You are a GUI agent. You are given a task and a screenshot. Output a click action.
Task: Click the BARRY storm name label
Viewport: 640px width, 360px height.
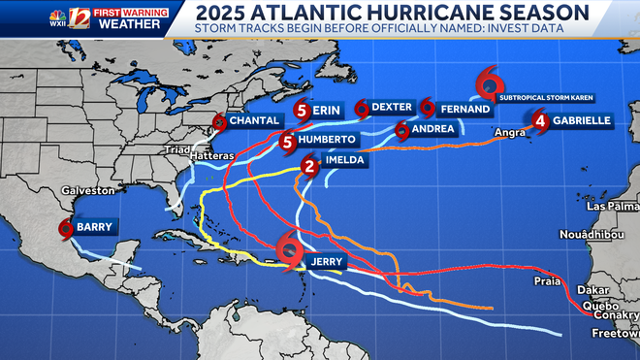click(95, 227)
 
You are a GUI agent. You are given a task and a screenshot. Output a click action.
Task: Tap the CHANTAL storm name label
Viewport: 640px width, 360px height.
click(255, 120)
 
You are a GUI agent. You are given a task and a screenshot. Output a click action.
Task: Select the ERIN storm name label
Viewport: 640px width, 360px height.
click(327, 111)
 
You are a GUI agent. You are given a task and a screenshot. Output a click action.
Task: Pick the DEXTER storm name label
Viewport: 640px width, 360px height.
click(393, 107)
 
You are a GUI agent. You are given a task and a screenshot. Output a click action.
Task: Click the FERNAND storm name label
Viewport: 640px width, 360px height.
click(464, 109)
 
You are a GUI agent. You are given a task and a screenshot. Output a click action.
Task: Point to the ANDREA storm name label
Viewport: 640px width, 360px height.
click(432, 128)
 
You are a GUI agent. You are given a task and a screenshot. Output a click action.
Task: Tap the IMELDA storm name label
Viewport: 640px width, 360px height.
click(345, 160)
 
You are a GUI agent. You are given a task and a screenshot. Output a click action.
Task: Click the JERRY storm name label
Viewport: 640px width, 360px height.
click(326, 262)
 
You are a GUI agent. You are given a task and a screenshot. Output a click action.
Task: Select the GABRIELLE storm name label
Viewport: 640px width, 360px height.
click(582, 120)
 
